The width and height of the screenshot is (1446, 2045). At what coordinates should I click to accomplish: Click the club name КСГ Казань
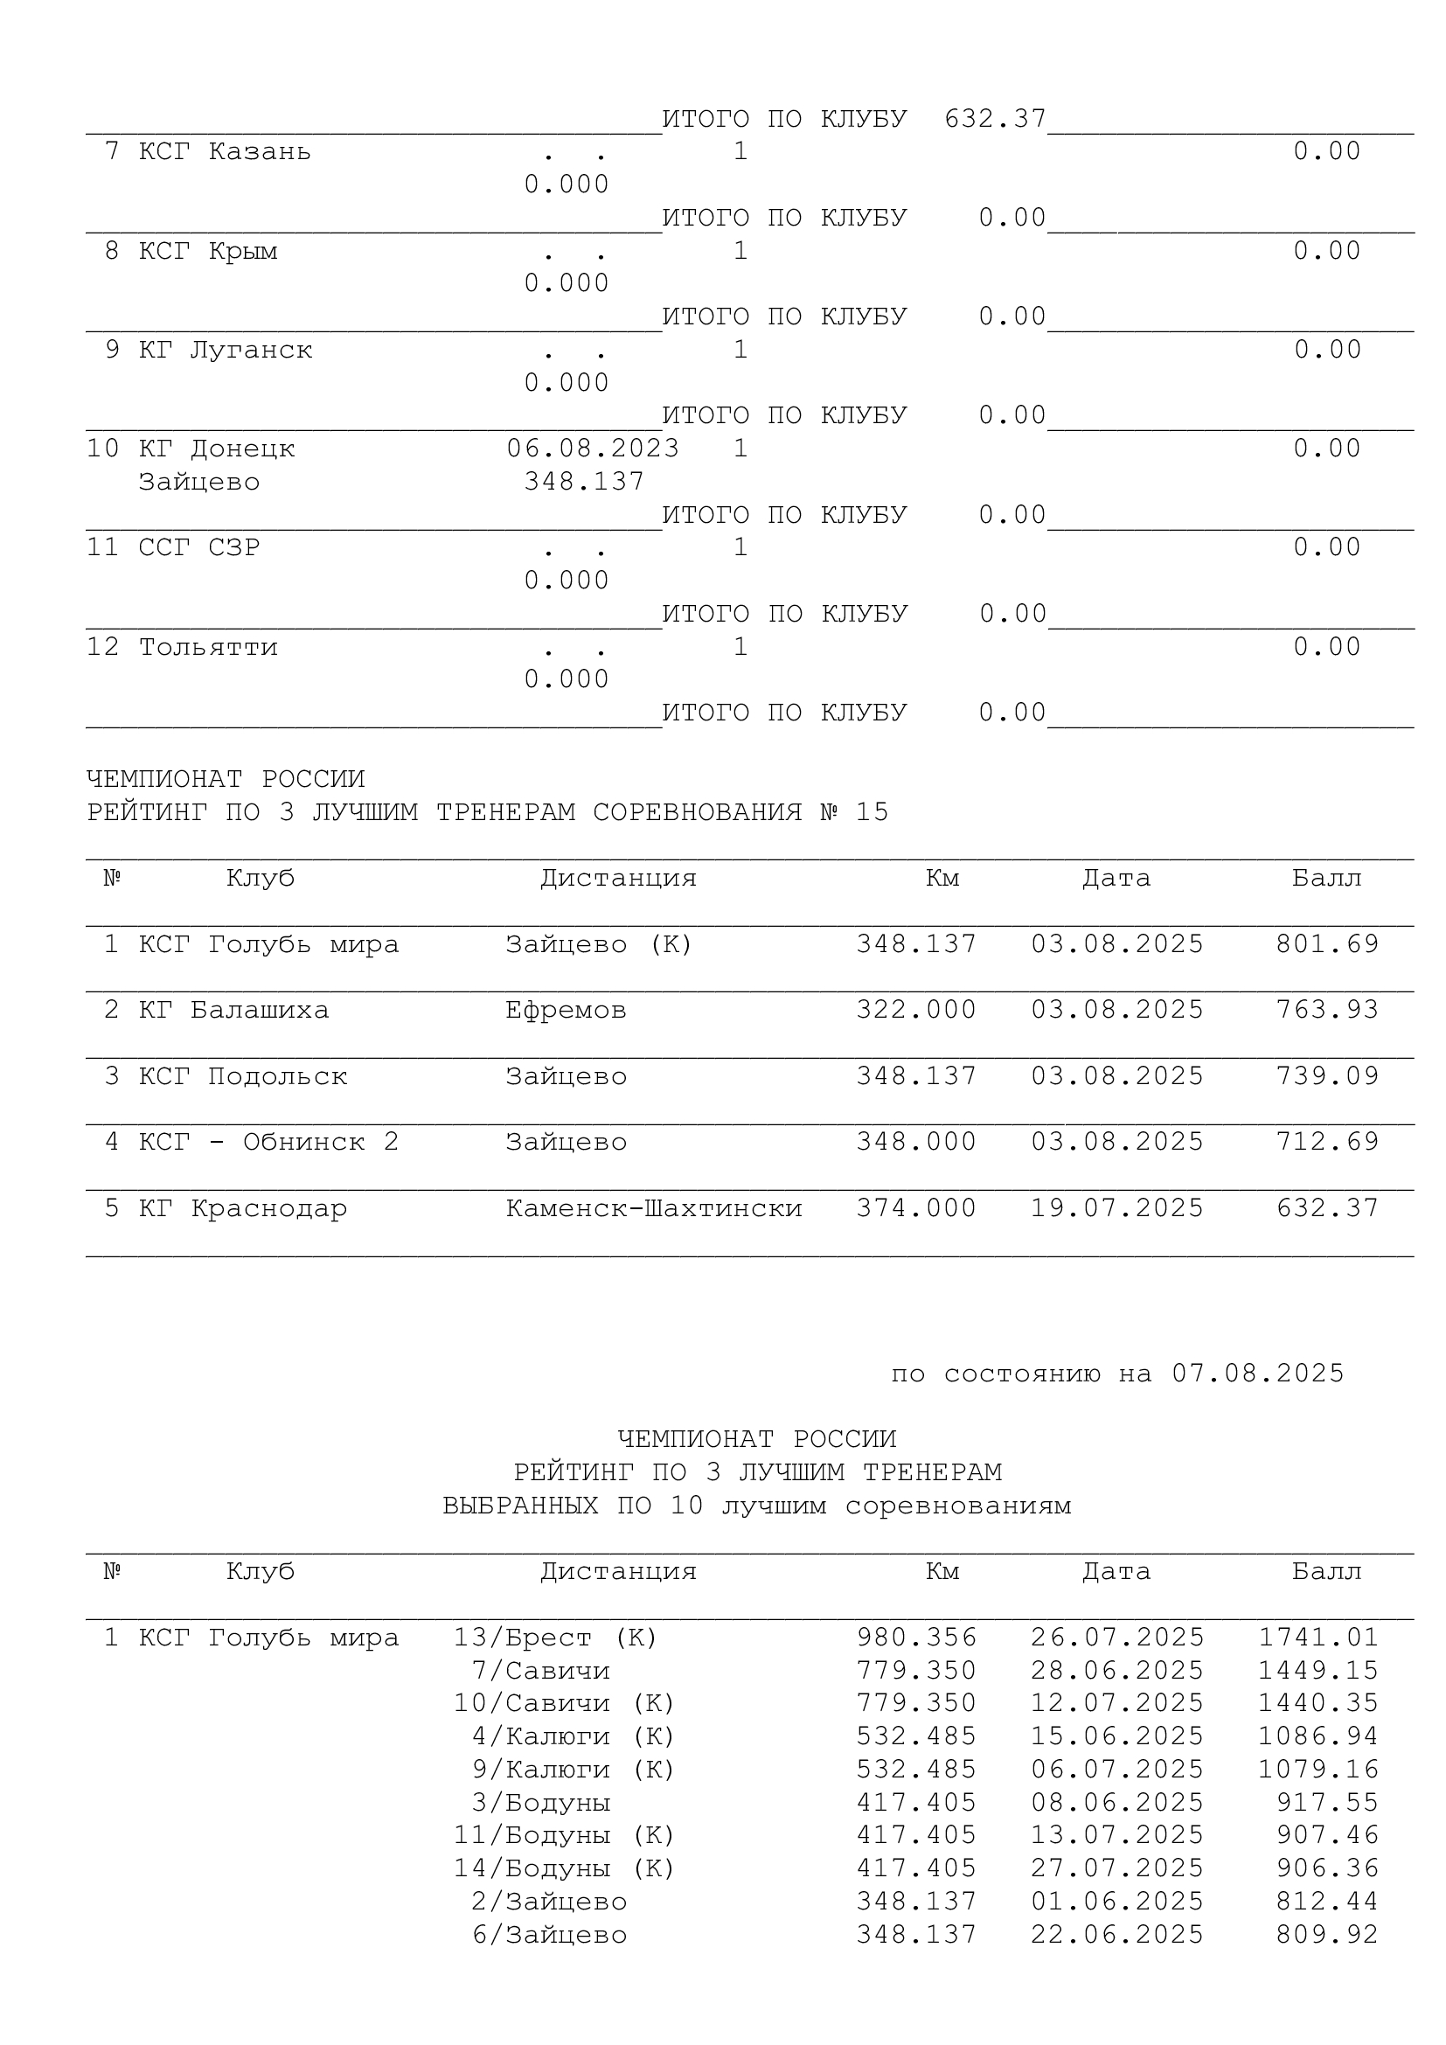pos(225,152)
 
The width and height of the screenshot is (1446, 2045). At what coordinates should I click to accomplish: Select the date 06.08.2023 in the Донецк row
pos(592,449)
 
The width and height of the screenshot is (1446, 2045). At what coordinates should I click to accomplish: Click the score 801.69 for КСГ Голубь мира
pos(1327,944)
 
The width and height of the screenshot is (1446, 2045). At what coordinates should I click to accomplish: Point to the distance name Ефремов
pos(566,1010)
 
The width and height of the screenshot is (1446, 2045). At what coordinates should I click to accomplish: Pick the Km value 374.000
pos(916,1208)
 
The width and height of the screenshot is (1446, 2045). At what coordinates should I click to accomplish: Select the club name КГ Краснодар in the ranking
pos(242,1208)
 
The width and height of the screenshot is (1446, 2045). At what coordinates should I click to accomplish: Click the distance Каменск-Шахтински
pos(654,1208)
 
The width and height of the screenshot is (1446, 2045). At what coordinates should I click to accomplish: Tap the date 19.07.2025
pos(1116,1208)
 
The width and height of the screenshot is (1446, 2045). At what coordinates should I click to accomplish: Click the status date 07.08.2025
pos(1257,1374)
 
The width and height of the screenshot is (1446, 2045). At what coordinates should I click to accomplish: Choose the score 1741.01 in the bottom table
pos(1317,1638)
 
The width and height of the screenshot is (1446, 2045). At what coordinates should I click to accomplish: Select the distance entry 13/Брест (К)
pos(556,1638)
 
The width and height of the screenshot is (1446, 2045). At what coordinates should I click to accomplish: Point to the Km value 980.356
pos(916,1638)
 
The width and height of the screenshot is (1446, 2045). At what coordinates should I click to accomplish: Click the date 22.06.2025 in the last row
pos(1116,1936)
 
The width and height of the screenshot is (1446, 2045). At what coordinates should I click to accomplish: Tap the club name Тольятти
pos(207,648)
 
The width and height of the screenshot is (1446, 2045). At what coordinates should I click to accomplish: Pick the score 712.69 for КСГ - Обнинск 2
pos(1327,1142)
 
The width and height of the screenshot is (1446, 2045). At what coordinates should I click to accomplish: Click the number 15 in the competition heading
pos(872,812)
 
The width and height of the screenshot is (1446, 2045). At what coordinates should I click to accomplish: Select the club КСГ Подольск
pos(242,1077)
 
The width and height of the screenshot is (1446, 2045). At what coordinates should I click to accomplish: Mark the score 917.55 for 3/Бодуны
pos(1327,1803)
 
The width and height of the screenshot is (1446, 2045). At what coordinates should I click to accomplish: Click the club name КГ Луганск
pos(225,350)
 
